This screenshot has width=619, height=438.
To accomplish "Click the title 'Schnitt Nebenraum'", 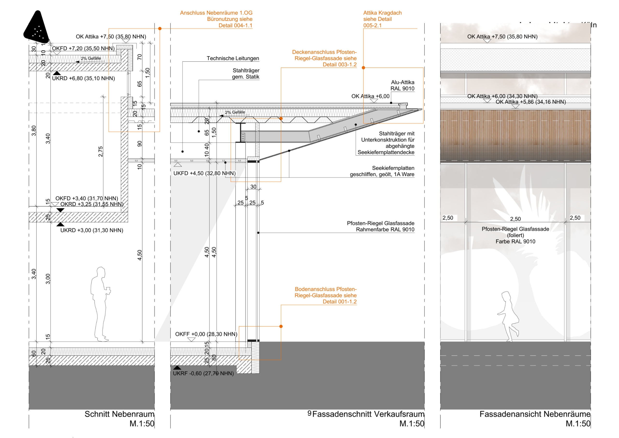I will click(x=119, y=414).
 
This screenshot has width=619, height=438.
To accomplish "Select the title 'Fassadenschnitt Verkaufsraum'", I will click(x=368, y=414).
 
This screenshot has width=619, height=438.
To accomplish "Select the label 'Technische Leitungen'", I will click(x=233, y=58).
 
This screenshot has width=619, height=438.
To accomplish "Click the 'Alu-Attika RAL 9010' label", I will click(x=402, y=85).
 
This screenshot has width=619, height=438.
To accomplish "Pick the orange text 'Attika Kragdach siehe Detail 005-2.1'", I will click(x=382, y=19).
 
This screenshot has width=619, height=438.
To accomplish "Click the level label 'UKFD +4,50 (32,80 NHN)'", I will click(x=204, y=173).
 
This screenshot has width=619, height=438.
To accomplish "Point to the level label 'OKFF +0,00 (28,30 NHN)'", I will click(x=206, y=334).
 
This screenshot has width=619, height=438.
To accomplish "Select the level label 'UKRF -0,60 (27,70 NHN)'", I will click(x=203, y=373).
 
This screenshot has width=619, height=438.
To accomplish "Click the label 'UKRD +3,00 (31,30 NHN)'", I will click(x=92, y=230).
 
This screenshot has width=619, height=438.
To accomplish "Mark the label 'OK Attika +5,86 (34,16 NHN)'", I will click(x=531, y=102).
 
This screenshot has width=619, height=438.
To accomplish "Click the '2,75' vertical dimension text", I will click(x=100, y=152).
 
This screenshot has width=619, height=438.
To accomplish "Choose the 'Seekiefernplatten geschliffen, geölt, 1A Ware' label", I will click(x=382, y=171).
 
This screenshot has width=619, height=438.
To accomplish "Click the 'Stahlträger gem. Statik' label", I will click(x=246, y=73).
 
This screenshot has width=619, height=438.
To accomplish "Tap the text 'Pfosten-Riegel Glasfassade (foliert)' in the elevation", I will click(x=515, y=232).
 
